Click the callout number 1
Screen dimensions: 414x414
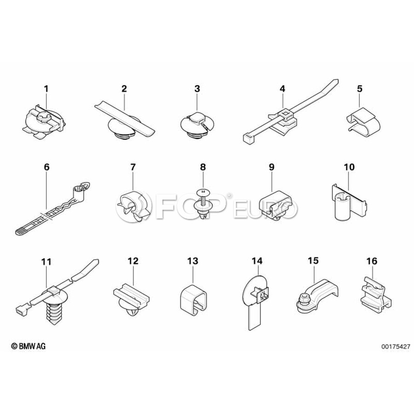(46, 89)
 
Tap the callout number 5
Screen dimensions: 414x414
(360, 89)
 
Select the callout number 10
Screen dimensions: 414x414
(349, 167)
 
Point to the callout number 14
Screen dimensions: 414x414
(257, 261)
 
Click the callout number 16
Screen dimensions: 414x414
(372, 261)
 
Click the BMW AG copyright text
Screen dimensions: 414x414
(28, 346)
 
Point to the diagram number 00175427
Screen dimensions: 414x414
(396, 346)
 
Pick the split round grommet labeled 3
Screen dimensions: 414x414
(196, 125)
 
